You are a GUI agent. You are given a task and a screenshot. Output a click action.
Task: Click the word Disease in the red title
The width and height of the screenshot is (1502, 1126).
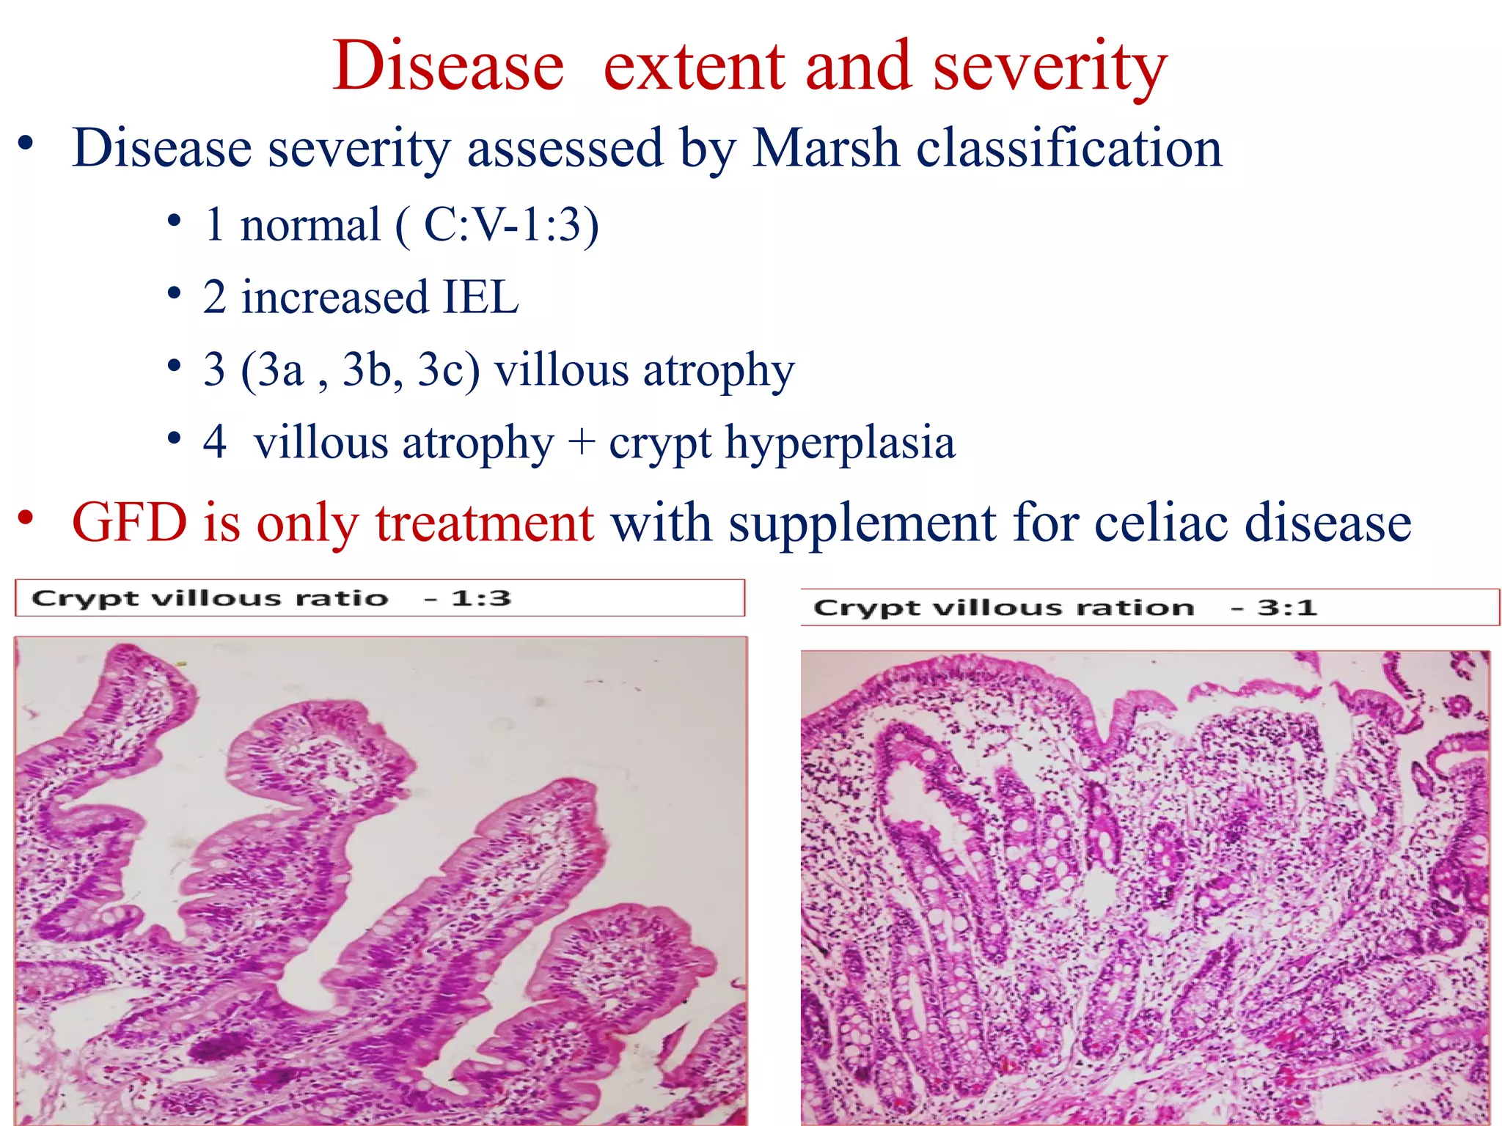[448, 67]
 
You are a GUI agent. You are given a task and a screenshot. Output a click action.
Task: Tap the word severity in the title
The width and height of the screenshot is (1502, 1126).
[1049, 67]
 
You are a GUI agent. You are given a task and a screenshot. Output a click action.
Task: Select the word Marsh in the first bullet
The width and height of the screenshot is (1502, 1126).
[826, 149]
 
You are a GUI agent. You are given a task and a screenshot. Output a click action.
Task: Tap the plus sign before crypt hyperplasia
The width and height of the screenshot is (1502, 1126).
[581, 442]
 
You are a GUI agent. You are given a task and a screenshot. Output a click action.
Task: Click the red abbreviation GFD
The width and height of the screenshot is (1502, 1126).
[130, 523]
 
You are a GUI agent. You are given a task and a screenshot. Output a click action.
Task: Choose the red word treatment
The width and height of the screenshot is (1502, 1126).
[485, 523]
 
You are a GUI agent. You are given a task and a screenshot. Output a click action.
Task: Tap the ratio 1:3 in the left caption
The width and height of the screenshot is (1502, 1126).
[481, 598]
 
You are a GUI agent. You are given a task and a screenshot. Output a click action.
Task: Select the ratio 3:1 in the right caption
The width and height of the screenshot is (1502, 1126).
[1287, 608]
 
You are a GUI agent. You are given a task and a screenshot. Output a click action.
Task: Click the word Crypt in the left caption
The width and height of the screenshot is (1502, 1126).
[84, 599]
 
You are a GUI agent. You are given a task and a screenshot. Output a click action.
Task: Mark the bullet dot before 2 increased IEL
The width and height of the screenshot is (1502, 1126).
[174, 295]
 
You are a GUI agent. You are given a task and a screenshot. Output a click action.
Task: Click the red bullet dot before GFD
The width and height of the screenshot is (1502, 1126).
[26, 518]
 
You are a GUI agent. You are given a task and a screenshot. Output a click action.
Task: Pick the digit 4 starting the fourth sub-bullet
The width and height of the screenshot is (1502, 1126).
[214, 442]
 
